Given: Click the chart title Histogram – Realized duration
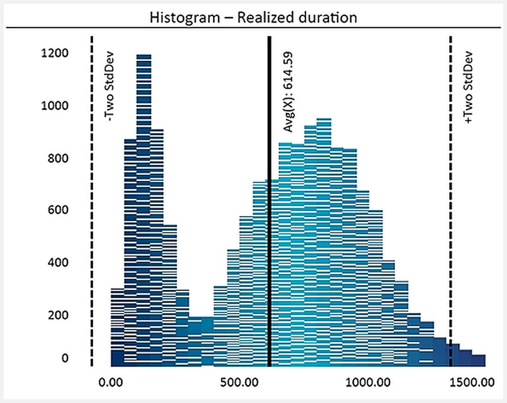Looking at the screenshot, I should click(x=253, y=17).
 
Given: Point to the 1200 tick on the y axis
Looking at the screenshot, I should click(x=55, y=53).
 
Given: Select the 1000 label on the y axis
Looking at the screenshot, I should click(x=55, y=105).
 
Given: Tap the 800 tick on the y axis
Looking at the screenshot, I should click(x=58, y=158).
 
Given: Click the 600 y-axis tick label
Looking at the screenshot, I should click(x=58, y=210).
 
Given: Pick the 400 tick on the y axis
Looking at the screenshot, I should click(x=58, y=262).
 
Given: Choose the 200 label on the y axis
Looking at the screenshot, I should click(x=58, y=315).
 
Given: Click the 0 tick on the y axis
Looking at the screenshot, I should click(x=65, y=358).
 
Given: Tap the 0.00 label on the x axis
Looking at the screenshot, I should click(x=111, y=382).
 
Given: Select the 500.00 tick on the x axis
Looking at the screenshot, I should click(x=239, y=382).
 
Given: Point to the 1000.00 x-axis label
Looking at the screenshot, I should click(x=368, y=382).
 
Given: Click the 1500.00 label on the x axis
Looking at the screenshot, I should click(x=472, y=382).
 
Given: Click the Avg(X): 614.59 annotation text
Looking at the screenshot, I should click(x=288, y=92).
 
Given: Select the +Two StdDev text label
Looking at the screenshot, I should click(x=468, y=87).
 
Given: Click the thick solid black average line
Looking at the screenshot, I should click(x=269, y=222).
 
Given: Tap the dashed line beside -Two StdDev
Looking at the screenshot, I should click(x=92, y=222).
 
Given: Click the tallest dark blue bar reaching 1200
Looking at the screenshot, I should click(x=144, y=190).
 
